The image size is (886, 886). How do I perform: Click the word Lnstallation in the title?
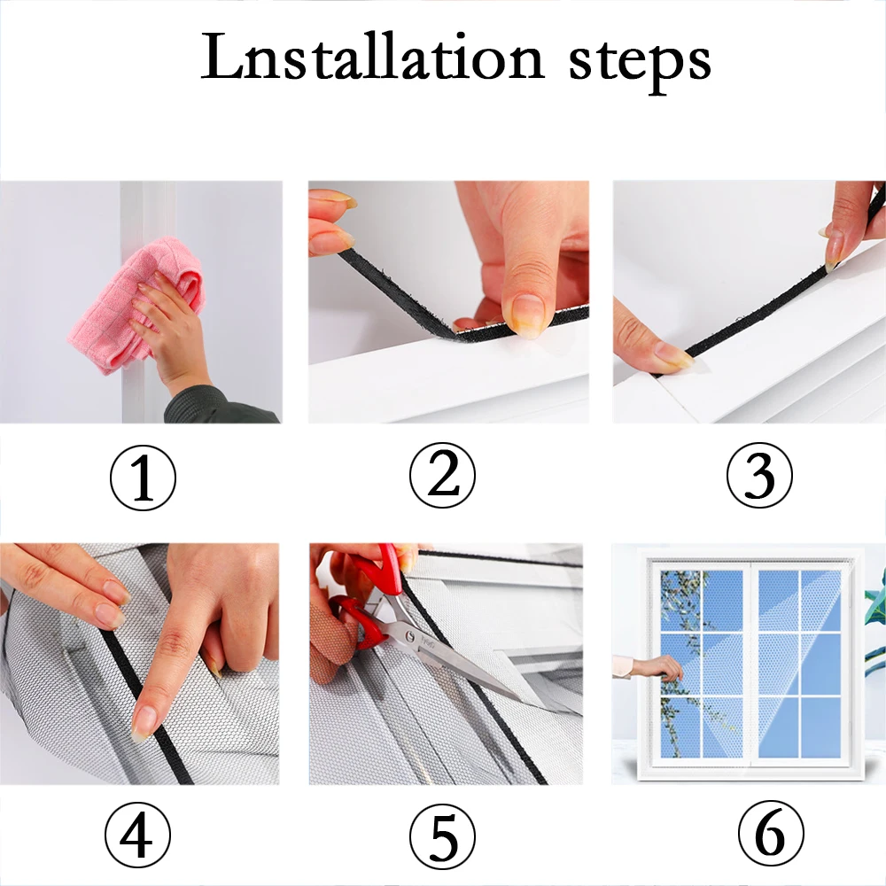(x=372, y=58)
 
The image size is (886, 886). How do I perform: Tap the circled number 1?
(x=143, y=478)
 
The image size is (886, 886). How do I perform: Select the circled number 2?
(x=442, y=475)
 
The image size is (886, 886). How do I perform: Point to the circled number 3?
(x=759, y=475)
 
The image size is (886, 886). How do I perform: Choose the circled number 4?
(x=137, y=835)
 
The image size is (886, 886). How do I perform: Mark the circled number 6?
(x=771, y=833)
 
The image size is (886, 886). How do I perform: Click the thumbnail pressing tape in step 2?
(x=524, y=316)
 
